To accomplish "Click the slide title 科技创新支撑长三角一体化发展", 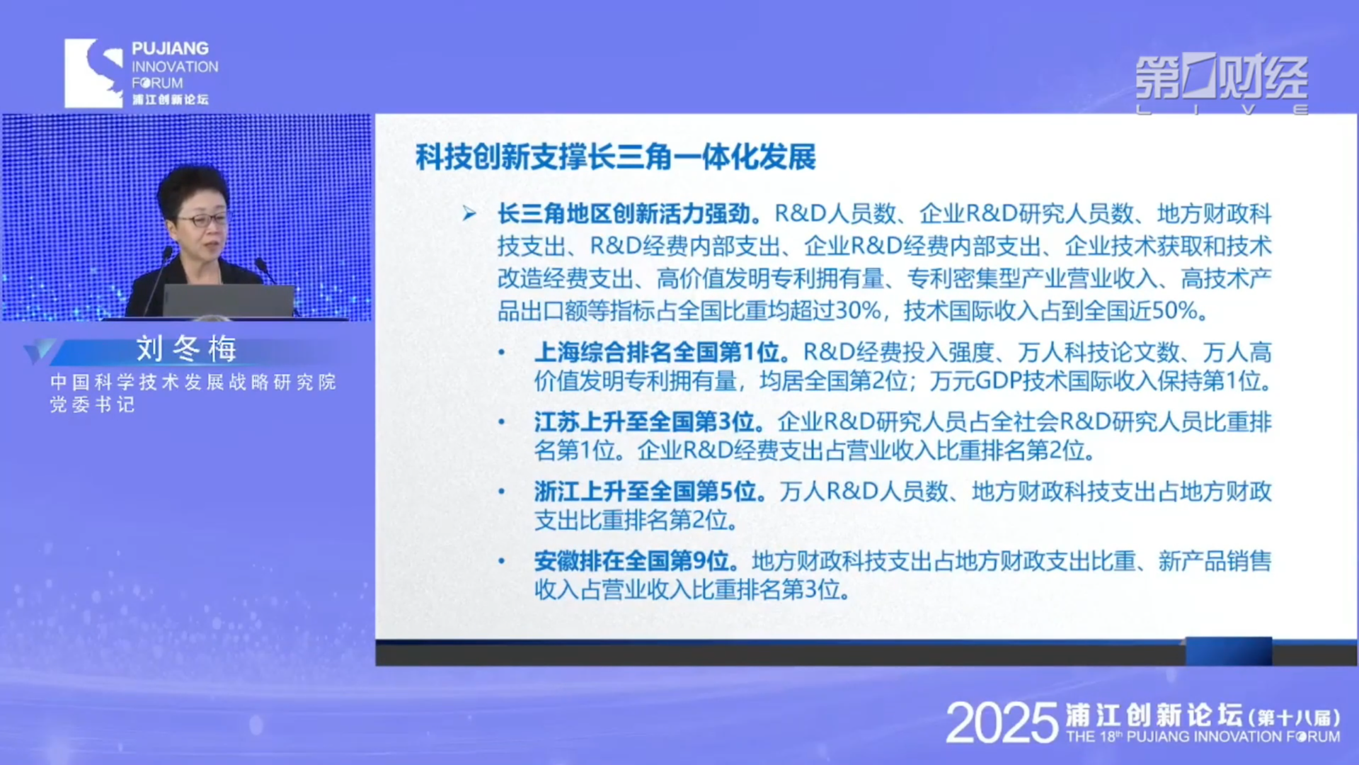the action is point(616,157).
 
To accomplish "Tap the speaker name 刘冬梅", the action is point(187,348).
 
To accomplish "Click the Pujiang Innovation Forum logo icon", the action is point(93,73).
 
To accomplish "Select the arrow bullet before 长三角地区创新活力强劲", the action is point(469,213).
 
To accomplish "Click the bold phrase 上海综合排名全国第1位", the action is point(657,352).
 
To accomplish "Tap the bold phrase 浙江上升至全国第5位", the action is point(646,491).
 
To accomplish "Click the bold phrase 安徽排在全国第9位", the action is point(631,560).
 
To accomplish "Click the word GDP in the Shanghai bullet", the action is point(997,381).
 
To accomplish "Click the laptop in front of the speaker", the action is point(229,301).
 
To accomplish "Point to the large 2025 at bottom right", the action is point(1002,722).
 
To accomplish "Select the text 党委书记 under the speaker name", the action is point(92,404).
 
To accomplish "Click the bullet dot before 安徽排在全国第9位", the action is point(501,561).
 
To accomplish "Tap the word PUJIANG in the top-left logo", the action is point(170,48).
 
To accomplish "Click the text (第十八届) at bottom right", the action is point(1295,717).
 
